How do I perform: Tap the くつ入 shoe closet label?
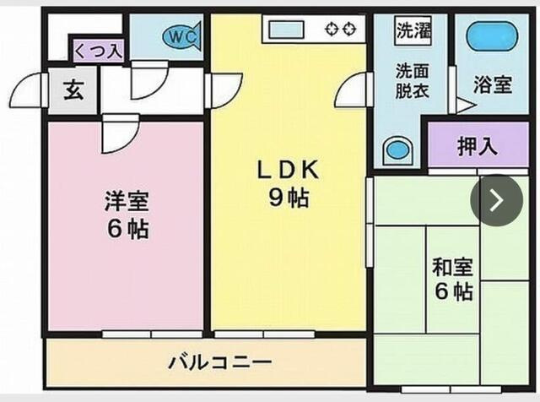click(x=99, y=52)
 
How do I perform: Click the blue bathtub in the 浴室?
click(x=492, y=36)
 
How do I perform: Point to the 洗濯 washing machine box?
click(x=413, y=30)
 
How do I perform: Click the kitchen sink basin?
click(x=287, y=30)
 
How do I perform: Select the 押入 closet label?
click(x=478, y=146)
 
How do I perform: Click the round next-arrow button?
click(x=497, y=200)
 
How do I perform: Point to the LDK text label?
click(x=288, y=170)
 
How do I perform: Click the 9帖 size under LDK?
click(x=289, y=198)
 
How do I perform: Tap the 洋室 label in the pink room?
click(x=127, y=202)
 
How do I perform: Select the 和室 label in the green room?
click(x=452, y=267)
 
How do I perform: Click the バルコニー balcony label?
click(x=220, y=362)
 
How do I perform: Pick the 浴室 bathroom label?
click(x=493, y=84)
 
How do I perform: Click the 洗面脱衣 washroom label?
click(x=412, y=81)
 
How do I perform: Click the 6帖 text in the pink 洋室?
click(x=127, y=229)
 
